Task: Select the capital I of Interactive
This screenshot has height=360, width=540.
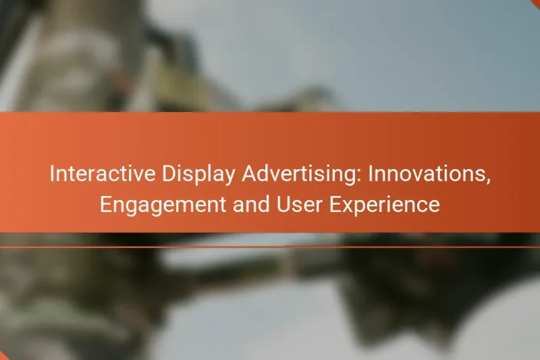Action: click(53, 174)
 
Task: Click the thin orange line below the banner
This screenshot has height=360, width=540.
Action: click(270, 247)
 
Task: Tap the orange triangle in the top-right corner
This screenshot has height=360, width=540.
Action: click(536, 3)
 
